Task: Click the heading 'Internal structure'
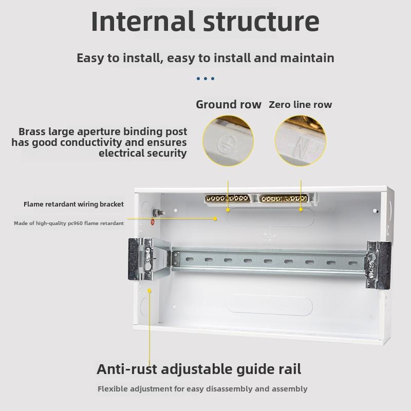pyautogui.click(x=205, y=22)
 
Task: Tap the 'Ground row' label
pyautogui.click(x=229, y=104)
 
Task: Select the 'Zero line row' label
pyautogui.click(x=301, y=105)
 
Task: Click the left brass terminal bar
pyautogui.click(x=228, y=198)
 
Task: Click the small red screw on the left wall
pyautogui.click(x=153, y=222)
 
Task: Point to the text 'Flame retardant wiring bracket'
pyautogui.click(x=73, y=204)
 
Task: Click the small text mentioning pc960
pyautogui.click(x=69, y=223)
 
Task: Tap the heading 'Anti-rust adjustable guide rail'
pyautogui.click(x=199, y=369)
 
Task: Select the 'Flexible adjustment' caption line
pyautogui.click(x=202, y=389)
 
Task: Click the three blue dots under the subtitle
pyautogui.click(x=206, y=79)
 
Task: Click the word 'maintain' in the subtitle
pyautogui.click(x=307, y=58)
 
